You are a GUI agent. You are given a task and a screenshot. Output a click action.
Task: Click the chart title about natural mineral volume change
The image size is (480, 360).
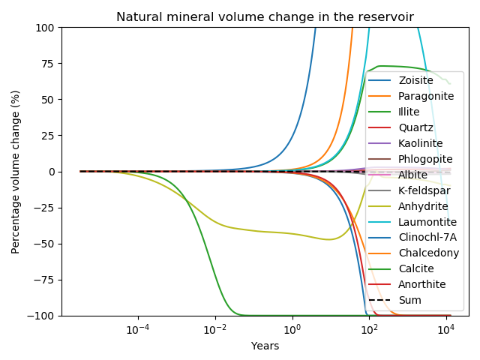(265, 16)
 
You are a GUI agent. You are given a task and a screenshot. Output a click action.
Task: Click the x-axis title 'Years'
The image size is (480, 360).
(265, 346)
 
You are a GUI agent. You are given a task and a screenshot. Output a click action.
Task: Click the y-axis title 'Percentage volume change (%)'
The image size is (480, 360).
(15, 172)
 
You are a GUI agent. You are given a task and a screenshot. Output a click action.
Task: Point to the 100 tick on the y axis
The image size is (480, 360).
(46, 28)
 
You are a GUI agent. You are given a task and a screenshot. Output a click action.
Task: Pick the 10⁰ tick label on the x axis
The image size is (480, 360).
(292, 330)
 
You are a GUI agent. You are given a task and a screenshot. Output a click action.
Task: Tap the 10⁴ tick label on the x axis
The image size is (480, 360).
(445, 330)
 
